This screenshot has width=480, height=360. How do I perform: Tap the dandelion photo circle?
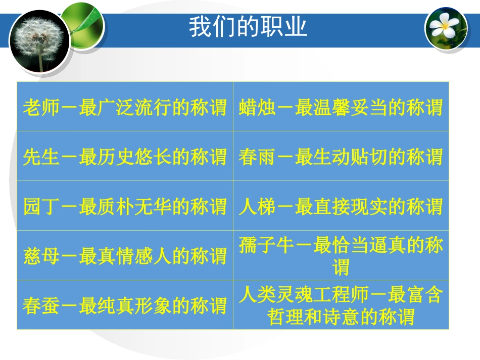[39, 40]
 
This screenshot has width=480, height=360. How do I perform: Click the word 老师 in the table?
[36, 108]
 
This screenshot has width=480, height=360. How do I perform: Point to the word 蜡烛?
[253, 108]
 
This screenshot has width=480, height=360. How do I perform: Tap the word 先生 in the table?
[36, 157]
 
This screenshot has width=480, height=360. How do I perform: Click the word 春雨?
[253, 157]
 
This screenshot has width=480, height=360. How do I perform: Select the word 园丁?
[36, 207]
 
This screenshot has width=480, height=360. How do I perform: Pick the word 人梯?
[253, 207]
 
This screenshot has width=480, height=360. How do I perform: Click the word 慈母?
[36, 256]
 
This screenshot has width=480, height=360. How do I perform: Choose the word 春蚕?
[36, 305]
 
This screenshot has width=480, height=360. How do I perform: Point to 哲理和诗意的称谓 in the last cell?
[342, 317]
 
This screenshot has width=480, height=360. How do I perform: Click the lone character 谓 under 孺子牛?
[341, 267]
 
